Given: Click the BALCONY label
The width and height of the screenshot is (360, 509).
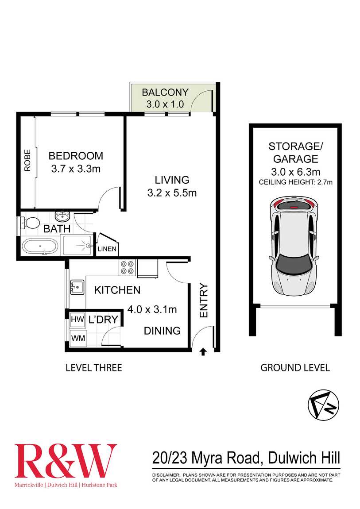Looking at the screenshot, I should pyautogui.click(x=165, y=93).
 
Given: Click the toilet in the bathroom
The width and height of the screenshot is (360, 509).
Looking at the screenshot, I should pyautogui.click(x=31, y=223).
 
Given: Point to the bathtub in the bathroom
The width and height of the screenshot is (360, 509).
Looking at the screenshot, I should pyautogui.click(x=40, y=247).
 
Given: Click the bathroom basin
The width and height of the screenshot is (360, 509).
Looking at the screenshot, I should pyautogui.click(x=62, y=216).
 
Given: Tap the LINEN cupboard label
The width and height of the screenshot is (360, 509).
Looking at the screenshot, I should pyautogui.click(x=107, y=249).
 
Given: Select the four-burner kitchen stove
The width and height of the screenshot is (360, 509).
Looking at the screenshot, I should pyautogui.click(x=127, y=267).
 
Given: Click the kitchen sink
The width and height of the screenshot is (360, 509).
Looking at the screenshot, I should pyautogui.click(x=77, y=287).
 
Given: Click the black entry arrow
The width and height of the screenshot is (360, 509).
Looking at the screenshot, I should pyautogui.click(x=203, y=351).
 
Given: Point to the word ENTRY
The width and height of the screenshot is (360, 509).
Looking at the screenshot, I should pyautogui.click(x=204, y=300).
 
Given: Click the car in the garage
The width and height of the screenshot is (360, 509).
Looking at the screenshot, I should pyautogui.click(x=294, y=247).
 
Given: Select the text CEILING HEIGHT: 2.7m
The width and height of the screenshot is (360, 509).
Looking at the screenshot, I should pyautogui.click(x=295, y=182).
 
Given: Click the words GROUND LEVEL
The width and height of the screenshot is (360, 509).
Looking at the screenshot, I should pyautogui.click(x=294, y=367).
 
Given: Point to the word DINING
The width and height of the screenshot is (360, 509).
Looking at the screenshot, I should pyautogui.click(x=162, y=331).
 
